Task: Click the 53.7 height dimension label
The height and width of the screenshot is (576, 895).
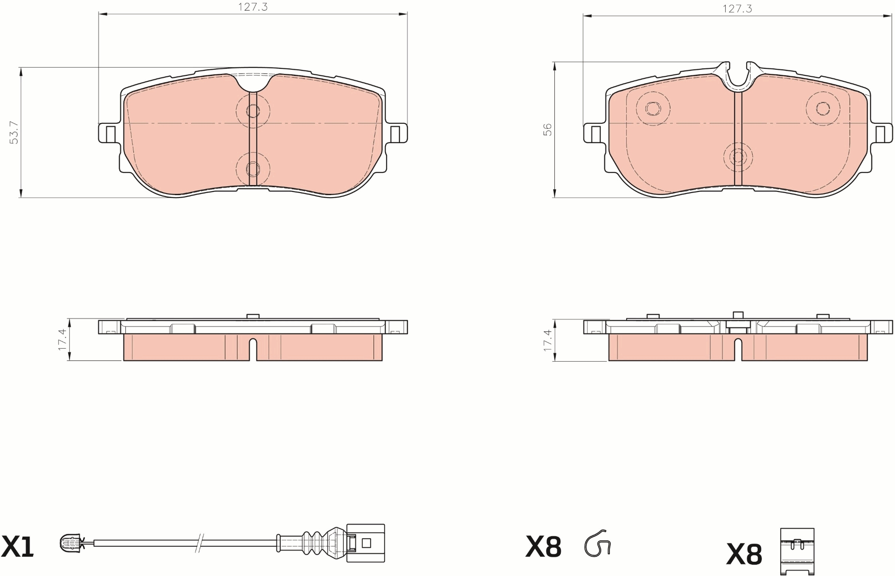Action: (14, 132)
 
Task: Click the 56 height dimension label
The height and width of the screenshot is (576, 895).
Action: (547, 130)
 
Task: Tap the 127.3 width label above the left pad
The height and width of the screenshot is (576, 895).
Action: (253, 7)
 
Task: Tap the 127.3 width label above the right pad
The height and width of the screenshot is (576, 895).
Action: (738, 9)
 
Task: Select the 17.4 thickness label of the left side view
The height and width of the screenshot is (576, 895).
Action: (62, 340)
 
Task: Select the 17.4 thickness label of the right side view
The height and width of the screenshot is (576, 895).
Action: (547, 340)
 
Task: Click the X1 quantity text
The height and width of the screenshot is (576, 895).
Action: (18, 547)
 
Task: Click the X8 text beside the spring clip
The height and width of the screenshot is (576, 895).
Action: (543, 547)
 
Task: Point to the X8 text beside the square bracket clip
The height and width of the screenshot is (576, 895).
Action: (744, 554)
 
